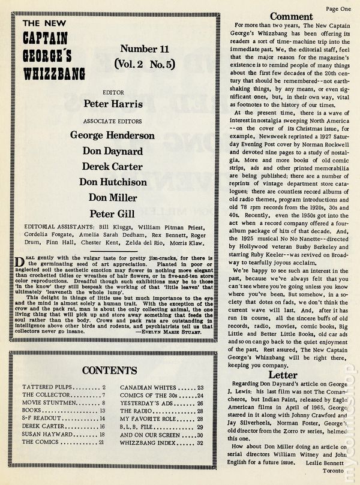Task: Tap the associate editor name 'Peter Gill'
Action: tap(112, 213)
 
